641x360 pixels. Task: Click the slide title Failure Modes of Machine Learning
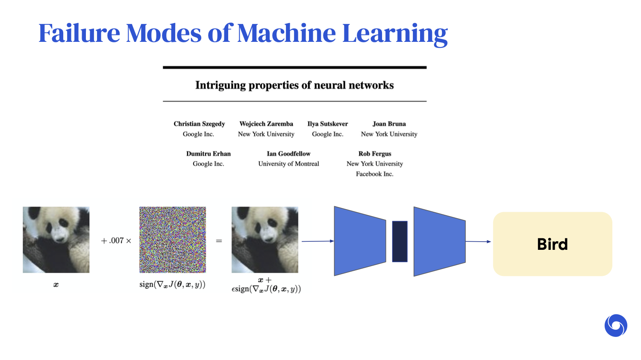click(243, 33)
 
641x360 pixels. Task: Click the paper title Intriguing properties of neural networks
click(294, 85)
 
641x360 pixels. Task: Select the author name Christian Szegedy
click(199, 124)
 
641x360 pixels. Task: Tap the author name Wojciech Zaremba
click(266, 124)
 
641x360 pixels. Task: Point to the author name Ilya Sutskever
click(328, 124)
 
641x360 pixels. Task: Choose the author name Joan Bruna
click(389, 124)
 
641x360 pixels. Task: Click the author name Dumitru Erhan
click(209, 154)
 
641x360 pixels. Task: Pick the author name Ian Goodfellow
click(288, 154)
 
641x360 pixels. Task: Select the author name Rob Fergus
click(375, 154)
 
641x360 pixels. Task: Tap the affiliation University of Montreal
click(288, 164)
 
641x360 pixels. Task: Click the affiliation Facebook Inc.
click(375, 174)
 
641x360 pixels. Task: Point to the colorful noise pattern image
click(173, 240)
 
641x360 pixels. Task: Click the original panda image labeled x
click(56, 240)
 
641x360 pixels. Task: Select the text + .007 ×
click(116, 241)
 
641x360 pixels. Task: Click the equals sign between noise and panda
click(219, 241)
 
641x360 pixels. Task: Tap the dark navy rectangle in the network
click(400, 241)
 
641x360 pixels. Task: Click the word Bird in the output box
click(552, 244)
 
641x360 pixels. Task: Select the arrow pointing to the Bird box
click(479, 242)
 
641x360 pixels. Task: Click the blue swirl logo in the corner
click(616, 326)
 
